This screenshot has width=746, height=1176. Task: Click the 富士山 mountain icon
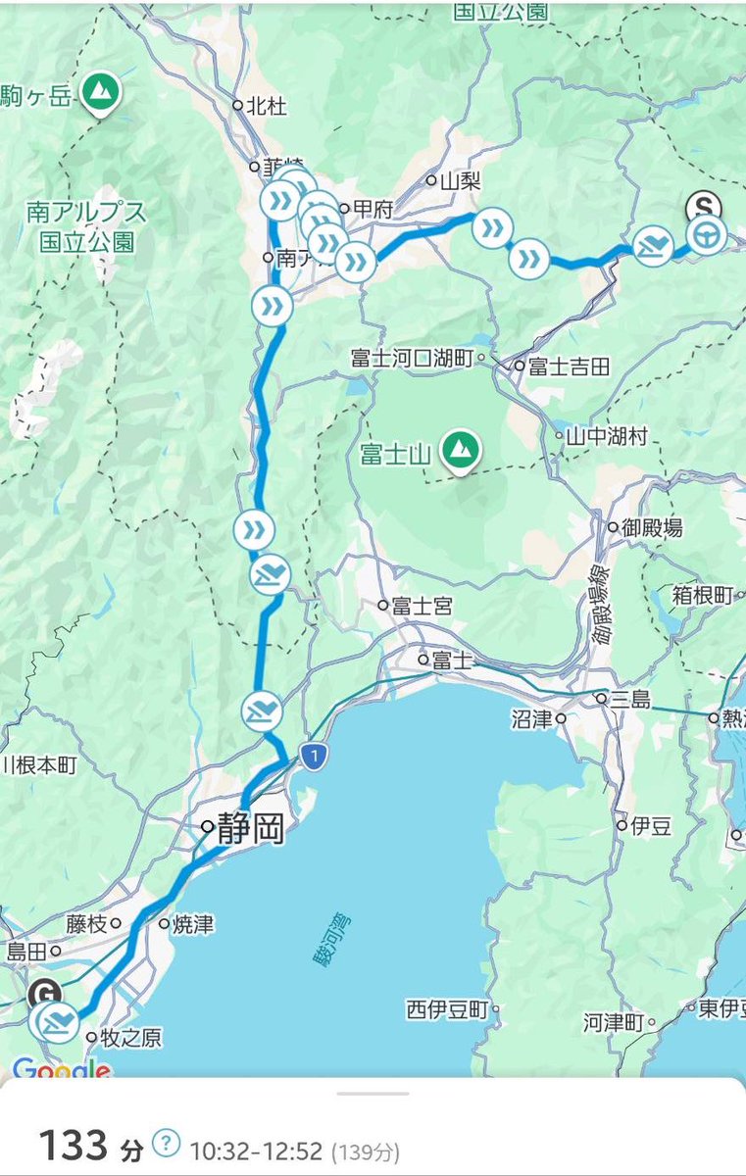[x=459, y=451]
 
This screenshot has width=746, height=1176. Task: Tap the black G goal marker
[x=42, y=992]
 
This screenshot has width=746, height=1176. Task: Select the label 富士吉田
[x=569, y=367]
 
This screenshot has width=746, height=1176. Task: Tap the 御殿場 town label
[x=652, y=528]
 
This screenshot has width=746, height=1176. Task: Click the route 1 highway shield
[x=312, y=757]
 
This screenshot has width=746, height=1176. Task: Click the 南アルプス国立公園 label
[x=88, y=226]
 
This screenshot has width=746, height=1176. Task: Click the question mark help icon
[x=168, y=1142]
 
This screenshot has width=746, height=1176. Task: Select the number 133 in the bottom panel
[x=73, y=1143]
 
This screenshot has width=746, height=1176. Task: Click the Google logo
[x=61, y=1069]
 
